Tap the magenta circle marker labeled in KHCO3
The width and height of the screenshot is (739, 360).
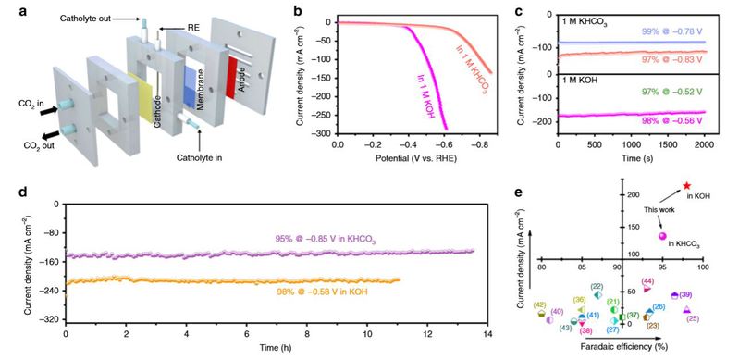coord(662,236)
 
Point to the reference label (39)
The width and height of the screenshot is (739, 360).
coord(685,295)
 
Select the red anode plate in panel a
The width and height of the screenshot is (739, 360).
coord(231,78)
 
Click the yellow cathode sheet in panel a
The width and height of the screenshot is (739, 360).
coord(141,98)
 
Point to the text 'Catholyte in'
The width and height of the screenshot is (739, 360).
coord(200,158)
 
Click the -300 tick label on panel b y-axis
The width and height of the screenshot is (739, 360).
coord(321,134)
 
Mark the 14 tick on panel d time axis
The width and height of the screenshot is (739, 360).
coord(487,333)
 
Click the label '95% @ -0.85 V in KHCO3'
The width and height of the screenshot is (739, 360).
coord(326,239)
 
